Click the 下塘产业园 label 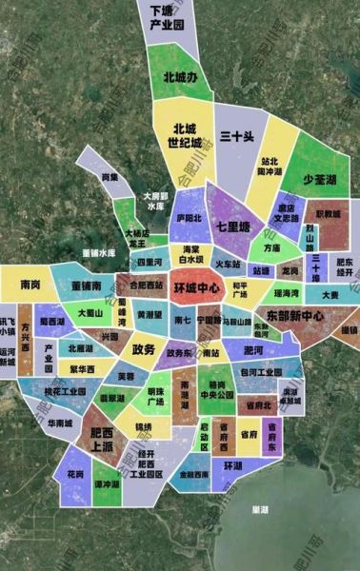click(167, 17)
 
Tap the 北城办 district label click(179, 77)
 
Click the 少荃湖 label click(321, 179)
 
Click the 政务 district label click(144, 349)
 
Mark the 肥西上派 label click(100, 440)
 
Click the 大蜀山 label click(91, 312)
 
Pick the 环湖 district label click(233, 466)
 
